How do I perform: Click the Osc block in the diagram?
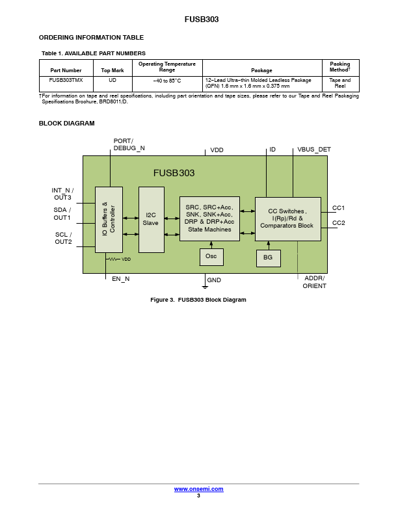click(211, 257)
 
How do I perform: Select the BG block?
click(269, 258)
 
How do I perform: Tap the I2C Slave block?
click(152, 220)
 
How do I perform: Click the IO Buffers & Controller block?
click(109, 220)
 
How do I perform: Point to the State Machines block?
click(209, 218)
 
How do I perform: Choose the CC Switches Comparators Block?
click(288, 219)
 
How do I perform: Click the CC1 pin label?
click(338, 208)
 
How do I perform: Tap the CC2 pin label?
click(339, 222)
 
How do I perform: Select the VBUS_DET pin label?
click(314, 150)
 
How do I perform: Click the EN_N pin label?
click(121, 279)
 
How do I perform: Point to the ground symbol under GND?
click(205, 287)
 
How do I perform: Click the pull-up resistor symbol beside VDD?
click(113, 259)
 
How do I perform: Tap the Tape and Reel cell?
click(340, 84)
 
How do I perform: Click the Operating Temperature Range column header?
click(167, 67)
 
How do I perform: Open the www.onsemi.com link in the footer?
click(198, 489)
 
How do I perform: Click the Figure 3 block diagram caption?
click(198, 300)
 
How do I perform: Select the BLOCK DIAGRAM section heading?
click(67, 123)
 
